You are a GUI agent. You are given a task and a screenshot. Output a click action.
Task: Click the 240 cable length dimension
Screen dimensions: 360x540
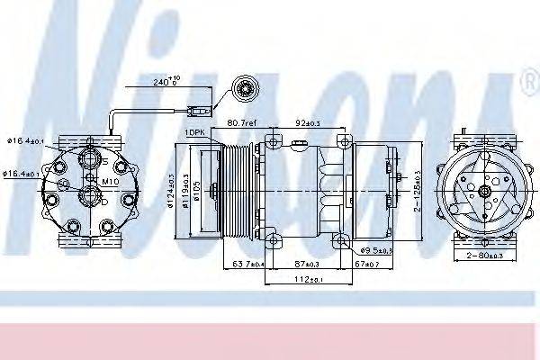tap(166, 82)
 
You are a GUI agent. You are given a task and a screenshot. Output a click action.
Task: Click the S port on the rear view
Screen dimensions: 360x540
tap(89, 161)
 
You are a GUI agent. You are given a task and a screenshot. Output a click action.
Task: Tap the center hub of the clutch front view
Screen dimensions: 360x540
tap(483, 191)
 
